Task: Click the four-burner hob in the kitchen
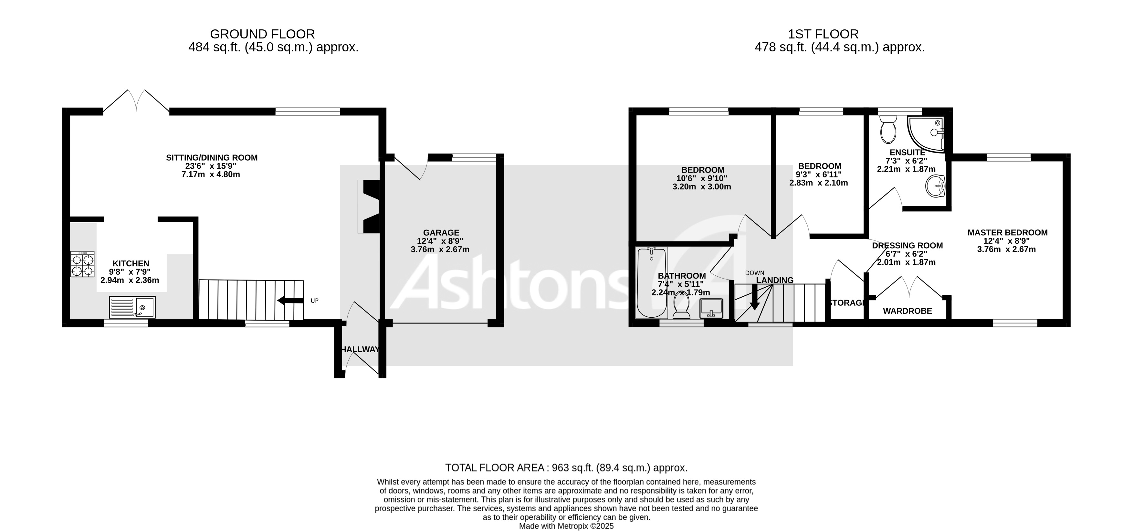click(x=83, y=264)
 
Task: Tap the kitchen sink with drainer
click(x=132, y=307)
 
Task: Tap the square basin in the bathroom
click(x=711, y=308)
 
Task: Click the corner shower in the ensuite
click(x=926, y=133)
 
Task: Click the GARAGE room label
click(x=441, y=233)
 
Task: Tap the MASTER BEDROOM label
click(x=1007, y=233)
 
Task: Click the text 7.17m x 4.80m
click(x=211, y=174)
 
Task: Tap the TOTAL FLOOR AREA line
click(x=566, y=467)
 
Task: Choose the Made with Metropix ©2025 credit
click(x=566, y=526)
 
